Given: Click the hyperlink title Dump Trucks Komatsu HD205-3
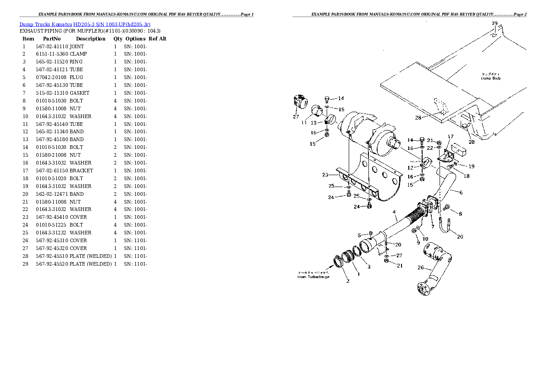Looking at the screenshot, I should pos(85,24).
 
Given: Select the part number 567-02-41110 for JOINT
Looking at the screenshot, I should pos(52,46).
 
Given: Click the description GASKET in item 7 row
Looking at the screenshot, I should pos(80,93).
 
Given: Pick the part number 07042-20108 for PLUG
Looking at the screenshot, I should pos(52,77).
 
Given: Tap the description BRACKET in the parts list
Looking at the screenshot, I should pos(81,171).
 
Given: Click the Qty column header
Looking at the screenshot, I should pos(118,39).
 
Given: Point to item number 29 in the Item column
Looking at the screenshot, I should pos(25,264).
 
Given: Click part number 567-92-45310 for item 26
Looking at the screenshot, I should pos(52,240).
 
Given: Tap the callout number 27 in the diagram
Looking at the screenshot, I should pos(296,117).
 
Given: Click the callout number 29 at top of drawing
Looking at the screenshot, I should pos(494,23).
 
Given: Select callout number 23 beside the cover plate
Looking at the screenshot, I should pos(325,175).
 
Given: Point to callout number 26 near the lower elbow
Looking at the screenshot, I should pos(420,267).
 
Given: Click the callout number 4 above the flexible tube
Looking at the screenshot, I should pos(394,212).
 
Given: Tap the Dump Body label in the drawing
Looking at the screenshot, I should pos(490,78).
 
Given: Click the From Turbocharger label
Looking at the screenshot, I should pos(313,277).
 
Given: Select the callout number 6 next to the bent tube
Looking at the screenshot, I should pos(461,192).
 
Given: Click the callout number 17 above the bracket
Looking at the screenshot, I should pos(451,137).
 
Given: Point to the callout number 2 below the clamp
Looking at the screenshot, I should pos(348,281).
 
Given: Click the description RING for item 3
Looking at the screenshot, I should pos(76,62).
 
